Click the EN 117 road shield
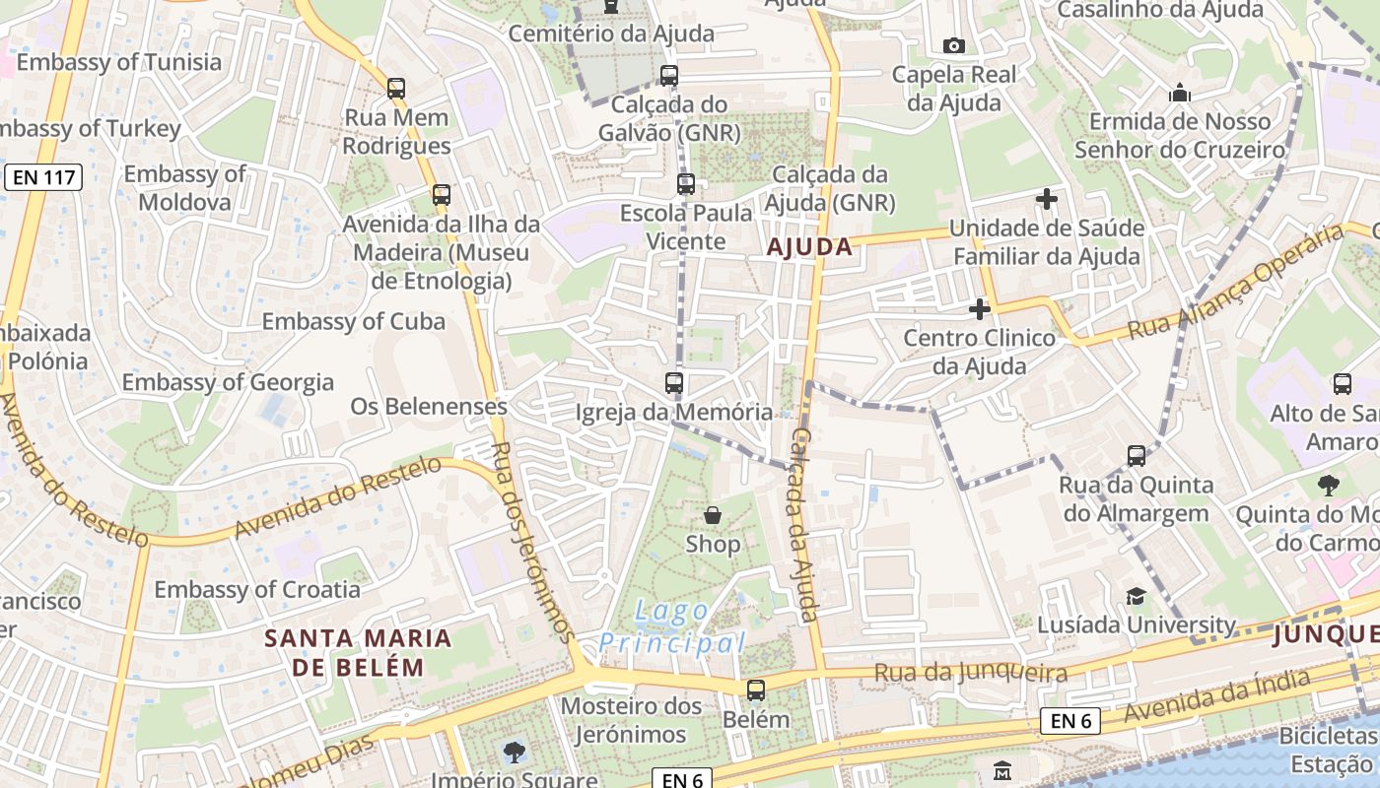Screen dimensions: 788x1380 click(x=42, y=178)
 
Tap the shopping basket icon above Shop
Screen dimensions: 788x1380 click(x=713, y=515)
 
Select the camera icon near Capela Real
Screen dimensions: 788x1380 click(x=953, y=45)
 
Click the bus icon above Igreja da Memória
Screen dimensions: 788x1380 click(x=674, y=383)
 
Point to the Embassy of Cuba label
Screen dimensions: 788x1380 click(x=353, y=322)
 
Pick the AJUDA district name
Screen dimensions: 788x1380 click(x=809, y=247)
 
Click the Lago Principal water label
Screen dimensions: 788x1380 click(x=671, y=627)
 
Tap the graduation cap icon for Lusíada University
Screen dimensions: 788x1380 click(x=1136, y=597)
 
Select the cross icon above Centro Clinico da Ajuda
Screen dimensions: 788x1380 click(x=979, y=309)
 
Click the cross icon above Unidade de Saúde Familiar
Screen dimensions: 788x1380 click(x=1046, y=200)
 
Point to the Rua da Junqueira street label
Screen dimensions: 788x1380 click(x=971, y=674)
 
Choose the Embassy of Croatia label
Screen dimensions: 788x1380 click(x=257, y=590)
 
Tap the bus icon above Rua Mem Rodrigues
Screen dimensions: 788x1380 click(x=396, y=89)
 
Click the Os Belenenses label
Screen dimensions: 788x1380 click(x=429, y=407)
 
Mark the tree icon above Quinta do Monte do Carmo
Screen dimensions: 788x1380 click(x=1329, y=485)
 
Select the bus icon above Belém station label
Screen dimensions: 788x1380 click(x=756, y=690)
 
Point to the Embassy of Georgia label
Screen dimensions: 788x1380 click(x=228, y=382)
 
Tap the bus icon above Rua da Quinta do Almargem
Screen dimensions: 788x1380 click(x=1136, y=456)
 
